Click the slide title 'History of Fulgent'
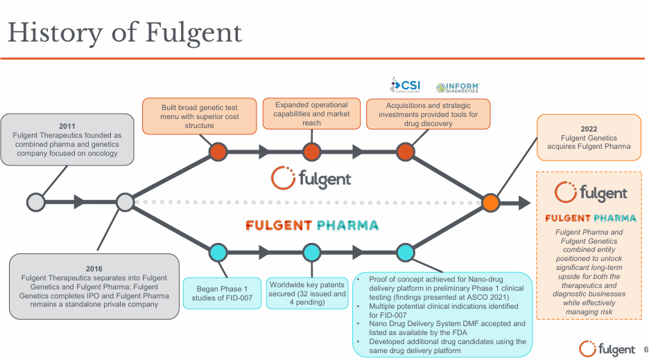[125, 32]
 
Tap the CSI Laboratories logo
[406, 86]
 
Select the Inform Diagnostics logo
[458, 87]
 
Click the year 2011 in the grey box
[67, 126]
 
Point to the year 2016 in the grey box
[94, 267]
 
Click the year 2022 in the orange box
[589, 129]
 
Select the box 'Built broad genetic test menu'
[200, 116]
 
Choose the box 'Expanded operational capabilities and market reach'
[311, 114]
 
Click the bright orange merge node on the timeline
[490, 202]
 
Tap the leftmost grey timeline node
[35, 202]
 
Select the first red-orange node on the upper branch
[218, 152]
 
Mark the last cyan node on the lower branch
[405, 253]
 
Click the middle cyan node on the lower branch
[311, 253]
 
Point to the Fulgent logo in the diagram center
[311, 178]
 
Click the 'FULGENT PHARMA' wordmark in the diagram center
[311, 226]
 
